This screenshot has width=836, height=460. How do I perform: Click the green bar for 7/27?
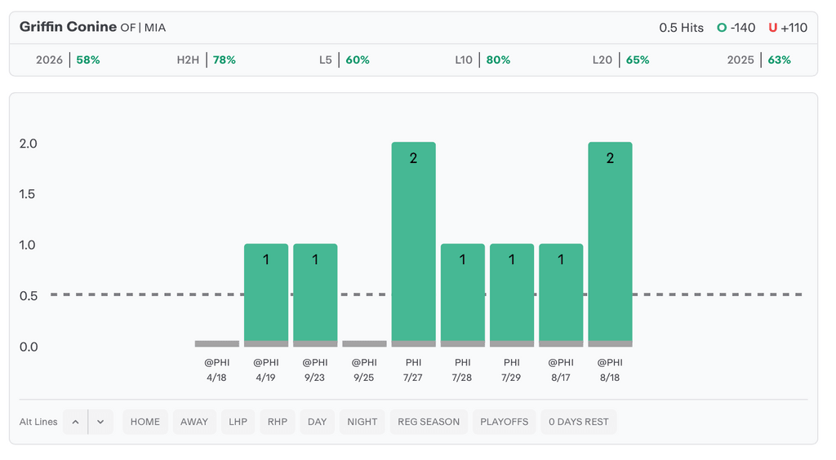(413, 241)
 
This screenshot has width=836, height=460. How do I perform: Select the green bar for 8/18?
(610, 241)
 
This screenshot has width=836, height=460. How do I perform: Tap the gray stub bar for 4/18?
(217, 344)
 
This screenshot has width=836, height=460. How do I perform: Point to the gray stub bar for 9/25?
(364, 344)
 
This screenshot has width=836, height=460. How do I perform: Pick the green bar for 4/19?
(266, 292)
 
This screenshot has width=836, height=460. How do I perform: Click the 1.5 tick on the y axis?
(27, 194)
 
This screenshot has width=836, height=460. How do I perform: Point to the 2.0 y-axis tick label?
(29, 144)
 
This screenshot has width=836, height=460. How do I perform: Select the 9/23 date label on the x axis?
(315, 378)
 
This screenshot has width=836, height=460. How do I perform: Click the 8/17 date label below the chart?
(561, 378)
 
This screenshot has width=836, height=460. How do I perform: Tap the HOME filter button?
(145, 422)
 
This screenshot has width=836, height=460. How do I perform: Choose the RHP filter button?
(278, 422)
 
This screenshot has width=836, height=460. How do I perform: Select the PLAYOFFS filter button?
(504, 422)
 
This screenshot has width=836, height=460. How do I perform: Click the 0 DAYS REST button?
(579, 422)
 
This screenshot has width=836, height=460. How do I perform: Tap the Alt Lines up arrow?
(75, 422)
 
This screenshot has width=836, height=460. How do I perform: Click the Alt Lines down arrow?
(100, 422)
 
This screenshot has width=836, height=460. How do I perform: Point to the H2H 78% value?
(225, 60)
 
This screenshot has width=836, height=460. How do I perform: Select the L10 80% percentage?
(498, 60)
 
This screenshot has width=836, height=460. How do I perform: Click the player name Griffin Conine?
(68, 27)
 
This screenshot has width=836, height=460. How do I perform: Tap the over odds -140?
(743, 28)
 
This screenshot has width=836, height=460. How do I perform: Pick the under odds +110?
(794, 28)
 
